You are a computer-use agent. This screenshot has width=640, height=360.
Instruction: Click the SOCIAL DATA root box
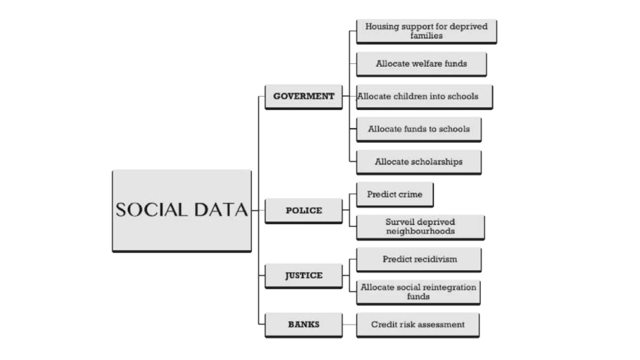click(x=182, y=210)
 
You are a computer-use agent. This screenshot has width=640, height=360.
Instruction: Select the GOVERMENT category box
click(x=303, y=96)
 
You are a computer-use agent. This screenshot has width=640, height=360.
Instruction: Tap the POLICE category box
click(x=303, y=210)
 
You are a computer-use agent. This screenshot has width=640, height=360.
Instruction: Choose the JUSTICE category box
click(x=303, y=275)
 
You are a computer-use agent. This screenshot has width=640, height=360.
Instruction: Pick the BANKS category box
click(x=303, y=324)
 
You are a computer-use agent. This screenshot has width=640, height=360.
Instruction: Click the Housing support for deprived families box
click(x=426, y=31)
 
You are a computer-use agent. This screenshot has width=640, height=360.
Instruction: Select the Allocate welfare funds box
click(x=421, y=64)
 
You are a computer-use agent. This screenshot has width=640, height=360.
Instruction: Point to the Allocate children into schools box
click(x=424, y=96)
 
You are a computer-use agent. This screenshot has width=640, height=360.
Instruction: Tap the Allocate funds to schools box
click(x=419, y=129)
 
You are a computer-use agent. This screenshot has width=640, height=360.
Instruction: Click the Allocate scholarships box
click(x=419, y=162)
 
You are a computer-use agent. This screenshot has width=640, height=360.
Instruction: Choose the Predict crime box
click(x=395, y=194)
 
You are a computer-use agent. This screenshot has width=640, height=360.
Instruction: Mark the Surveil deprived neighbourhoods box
click(x=420, y=227)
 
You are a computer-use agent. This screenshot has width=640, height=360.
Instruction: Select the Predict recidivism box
click(x=419, y=259)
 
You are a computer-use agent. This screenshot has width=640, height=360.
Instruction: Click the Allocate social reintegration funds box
click(x=418, y=292)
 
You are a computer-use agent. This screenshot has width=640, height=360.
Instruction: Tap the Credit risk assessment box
click(x=417, y=324)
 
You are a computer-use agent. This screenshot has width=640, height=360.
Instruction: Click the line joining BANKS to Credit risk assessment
click(x=349, y=324)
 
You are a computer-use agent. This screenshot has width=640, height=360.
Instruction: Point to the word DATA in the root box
click(x=221, y=210)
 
